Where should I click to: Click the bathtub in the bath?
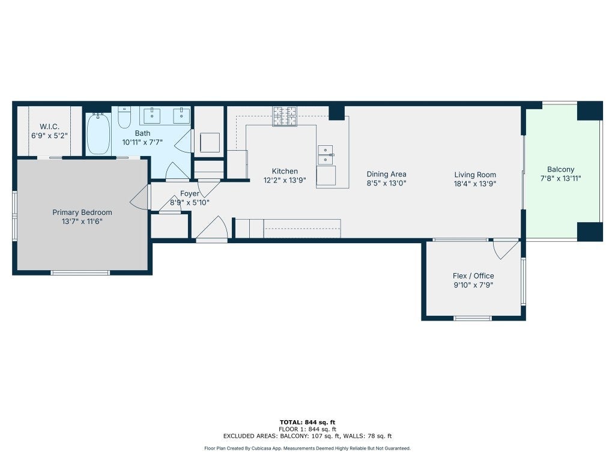(98, 134)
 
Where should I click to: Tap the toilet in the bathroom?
(124, 117)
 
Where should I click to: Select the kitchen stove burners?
(285, 116)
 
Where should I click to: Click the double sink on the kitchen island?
(325, 155)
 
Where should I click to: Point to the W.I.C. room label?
(49, 127)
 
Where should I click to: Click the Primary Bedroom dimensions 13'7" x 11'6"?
(82, 221)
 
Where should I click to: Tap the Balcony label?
(560, 169)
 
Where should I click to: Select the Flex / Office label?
(473, 276)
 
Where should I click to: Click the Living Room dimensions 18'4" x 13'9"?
(475, 184)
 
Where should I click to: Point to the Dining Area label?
(386, 174)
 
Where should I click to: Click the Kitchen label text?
(285, 171)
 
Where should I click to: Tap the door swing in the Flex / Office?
(506, 250)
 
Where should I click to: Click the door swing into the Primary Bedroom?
(139, 197)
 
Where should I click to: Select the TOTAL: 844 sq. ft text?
(307, 422)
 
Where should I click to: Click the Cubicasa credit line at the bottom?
(307, 448)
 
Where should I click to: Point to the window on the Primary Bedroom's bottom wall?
(80, 273)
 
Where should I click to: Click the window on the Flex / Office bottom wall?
(472, 318)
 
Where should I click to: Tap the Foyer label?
(189, 194)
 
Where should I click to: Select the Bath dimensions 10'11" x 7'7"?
(142, 142)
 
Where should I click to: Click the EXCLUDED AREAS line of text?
(307, 436)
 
